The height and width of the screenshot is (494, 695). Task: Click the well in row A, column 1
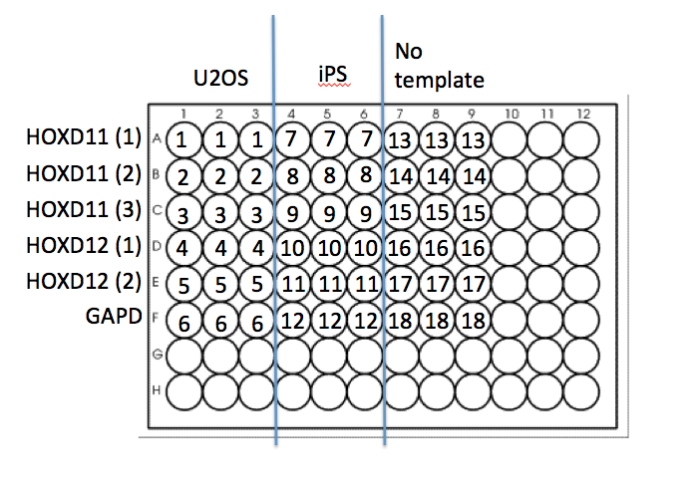(x=182, y=139)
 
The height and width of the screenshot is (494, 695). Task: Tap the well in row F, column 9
(x=473, y=321)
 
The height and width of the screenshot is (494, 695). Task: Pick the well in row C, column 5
(x=328, y=212)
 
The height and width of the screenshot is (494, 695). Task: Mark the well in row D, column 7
(x=401, y=248)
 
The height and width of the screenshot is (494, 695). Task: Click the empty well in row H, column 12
(x=582, y=393)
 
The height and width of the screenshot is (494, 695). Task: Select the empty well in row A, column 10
(x=510, y=139)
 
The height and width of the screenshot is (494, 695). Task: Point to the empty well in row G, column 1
(x=182, y=357)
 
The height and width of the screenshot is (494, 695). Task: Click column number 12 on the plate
(x=582, y=115)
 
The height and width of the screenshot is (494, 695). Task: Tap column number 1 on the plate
(x=182, y=115)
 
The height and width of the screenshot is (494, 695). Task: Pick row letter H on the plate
(x=157, y=393)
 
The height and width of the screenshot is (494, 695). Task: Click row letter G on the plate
(x=157, y=357)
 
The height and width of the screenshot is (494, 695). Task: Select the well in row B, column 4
(x=291, y=176)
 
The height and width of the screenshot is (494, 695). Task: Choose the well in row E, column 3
(x=255, y=285)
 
